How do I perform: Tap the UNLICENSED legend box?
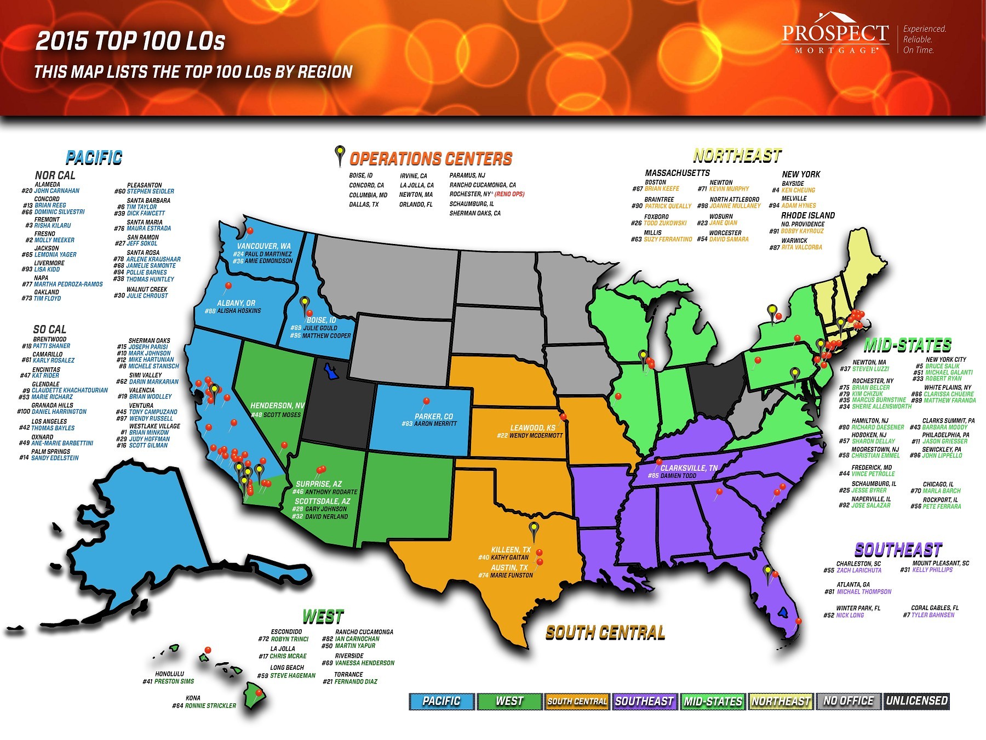(x=916, y=701)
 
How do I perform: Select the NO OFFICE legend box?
(x=848, y=701)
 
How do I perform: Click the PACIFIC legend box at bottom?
(x=442, y=701)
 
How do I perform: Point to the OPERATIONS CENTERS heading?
(x=431, y=159)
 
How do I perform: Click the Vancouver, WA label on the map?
(x=264, y=246)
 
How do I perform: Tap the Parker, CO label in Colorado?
(x=434, y=416)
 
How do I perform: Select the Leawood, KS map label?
(x=532, y=428)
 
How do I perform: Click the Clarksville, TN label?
(x=689, y=468)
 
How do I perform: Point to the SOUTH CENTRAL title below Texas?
(x=605, y=633)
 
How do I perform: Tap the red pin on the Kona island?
(x=259, y=693)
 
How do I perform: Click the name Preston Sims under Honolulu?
(x=174, y=681)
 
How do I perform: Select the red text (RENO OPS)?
(x=509, y=194)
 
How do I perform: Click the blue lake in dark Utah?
(x=330, y=372)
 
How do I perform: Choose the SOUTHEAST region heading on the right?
(x=898, y=550)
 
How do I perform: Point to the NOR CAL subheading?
(x=55, y=175)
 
